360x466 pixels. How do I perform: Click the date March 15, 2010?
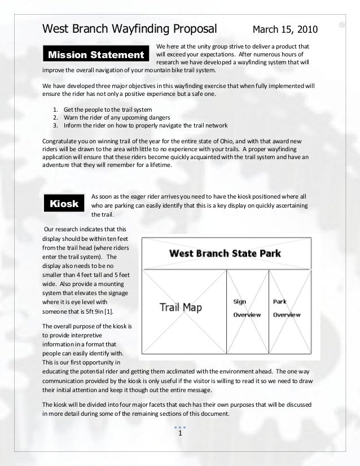285,29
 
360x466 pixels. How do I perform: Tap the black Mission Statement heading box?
96,55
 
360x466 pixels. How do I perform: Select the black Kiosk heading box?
64,204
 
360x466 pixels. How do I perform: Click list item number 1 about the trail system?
108,108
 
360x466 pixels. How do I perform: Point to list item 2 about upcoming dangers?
117,117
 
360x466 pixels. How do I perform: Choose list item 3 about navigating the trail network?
146,125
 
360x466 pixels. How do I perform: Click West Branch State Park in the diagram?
225,253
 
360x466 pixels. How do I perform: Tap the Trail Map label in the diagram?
181,307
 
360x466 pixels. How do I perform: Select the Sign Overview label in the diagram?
247,308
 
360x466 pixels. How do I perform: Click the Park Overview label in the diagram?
287,308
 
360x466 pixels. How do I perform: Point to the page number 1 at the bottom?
179,434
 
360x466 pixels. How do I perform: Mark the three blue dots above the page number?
179,427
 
